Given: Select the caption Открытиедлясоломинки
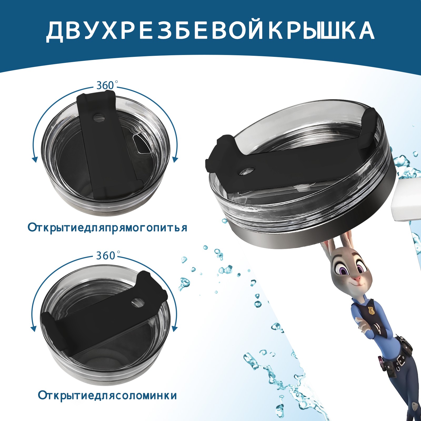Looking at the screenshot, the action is pos(107,403).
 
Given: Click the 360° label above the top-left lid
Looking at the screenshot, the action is pos(106,85).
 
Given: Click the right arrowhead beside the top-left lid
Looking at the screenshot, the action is pos(175,159).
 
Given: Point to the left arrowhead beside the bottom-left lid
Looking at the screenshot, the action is pos(33,329).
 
